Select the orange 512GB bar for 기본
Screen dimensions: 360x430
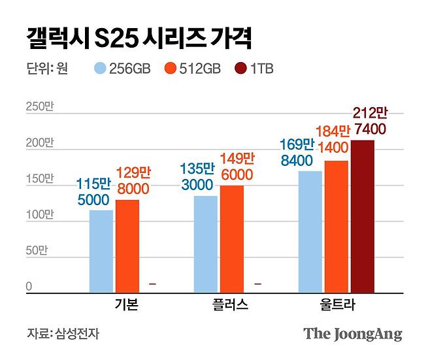coord(127,246)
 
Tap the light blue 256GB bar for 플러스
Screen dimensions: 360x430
coord(206,243)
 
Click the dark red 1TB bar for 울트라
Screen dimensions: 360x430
coord(363,216)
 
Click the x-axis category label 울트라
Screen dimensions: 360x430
coord(336,305)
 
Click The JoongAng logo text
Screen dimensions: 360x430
coord(352,334)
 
